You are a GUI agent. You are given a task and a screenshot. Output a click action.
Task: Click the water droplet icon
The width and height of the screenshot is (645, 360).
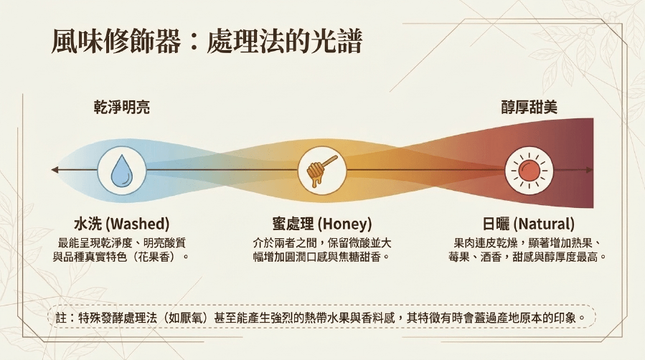122,171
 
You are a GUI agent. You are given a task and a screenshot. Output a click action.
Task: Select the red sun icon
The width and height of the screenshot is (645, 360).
529,171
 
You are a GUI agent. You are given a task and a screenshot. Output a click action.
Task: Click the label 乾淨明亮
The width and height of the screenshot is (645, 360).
122,108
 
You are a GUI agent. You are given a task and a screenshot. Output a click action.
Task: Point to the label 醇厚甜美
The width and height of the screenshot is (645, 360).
529,108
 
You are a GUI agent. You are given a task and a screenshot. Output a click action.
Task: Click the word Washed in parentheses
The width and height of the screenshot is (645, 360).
138,224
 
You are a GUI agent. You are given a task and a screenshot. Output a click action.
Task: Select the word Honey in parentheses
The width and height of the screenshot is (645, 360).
344,224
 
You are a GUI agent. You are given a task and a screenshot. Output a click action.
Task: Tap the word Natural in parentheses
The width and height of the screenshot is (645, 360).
545,224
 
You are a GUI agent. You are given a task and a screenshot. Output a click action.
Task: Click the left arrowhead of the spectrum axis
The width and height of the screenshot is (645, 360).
55,170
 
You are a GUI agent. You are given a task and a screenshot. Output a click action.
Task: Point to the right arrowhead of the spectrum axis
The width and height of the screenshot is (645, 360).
590,170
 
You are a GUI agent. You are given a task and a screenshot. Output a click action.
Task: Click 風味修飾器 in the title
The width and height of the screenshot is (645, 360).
116,41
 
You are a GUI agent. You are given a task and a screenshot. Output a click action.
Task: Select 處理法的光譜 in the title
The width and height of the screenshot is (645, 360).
284,41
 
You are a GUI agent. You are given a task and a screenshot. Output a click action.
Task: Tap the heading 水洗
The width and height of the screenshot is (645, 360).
88,224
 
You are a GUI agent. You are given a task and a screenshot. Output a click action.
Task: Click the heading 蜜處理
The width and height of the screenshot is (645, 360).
293,224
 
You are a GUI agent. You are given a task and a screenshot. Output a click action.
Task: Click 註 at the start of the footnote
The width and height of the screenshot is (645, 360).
61,318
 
